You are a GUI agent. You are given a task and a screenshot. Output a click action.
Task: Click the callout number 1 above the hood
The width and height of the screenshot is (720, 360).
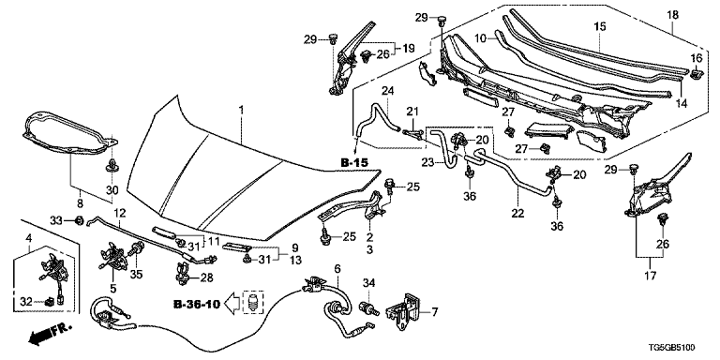(242, 112)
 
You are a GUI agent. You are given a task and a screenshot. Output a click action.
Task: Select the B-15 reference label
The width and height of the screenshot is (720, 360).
(355, 162)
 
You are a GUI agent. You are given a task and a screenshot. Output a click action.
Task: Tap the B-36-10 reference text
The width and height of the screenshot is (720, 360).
(197, 304)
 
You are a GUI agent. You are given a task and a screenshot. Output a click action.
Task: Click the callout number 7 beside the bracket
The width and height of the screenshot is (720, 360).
(434, 313)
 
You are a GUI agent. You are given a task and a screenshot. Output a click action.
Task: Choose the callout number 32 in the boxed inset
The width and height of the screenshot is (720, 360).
(27, 302)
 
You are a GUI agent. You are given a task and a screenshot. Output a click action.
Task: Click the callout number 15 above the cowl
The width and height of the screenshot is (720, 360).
(600, 26)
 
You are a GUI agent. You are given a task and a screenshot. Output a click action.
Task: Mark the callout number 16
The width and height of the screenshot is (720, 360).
(697, 58)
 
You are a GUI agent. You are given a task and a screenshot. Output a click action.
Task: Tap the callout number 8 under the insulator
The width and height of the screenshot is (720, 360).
(80, 202)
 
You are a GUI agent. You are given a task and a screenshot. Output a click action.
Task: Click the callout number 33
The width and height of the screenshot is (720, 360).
(57, 220)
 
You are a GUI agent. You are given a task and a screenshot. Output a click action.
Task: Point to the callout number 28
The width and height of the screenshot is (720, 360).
(206, 277)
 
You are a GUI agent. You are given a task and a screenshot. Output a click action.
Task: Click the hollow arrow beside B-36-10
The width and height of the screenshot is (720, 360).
(232, 305)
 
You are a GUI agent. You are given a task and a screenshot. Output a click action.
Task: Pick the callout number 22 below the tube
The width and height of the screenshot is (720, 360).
(517, 214)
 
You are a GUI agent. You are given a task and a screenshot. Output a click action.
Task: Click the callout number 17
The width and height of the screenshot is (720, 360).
(651, 276)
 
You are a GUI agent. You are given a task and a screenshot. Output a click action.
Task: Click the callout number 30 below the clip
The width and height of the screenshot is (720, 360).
(112, 189)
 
